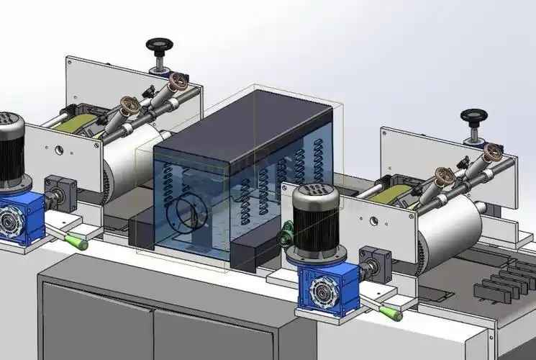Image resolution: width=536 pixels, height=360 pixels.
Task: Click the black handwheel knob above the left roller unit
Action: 158,45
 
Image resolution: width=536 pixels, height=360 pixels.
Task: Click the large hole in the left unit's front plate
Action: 59,151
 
